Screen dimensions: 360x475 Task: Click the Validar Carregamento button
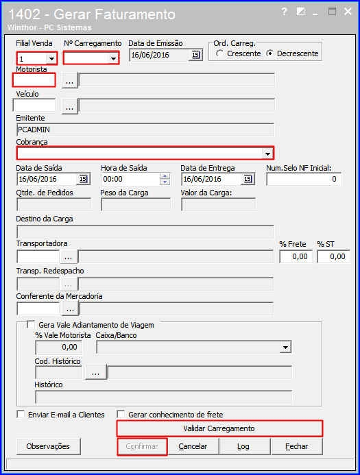[x=219, y=428]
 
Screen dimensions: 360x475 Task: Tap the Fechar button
[x=297, y=446]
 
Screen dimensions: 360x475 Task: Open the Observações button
[x=49, y=446]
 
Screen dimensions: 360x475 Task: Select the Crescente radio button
[x=220, y=53]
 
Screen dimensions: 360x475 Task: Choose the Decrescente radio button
[x=269, y=53]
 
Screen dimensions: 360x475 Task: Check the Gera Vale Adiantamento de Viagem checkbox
[x=31, y=324]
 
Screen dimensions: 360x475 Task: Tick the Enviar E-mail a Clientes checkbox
[x=21, y=414]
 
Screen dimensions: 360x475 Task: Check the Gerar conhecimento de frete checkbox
[x=121, y=414]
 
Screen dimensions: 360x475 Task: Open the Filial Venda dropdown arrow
[x=52, y=58]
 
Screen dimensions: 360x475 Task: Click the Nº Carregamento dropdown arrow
[x=113, y=58]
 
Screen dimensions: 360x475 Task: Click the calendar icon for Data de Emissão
[x=195, y=55]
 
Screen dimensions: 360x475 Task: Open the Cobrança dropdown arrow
[x=267, y=154]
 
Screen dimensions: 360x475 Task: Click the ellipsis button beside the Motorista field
[x=70, y=81]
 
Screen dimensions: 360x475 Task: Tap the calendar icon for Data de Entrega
[x=248, y=179]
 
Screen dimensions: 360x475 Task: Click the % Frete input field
[x=296, y=256]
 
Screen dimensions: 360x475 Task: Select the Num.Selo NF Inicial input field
[x=304, y=179]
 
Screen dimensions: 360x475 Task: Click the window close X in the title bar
[x=348, y=12]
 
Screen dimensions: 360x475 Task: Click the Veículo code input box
[x=34, y=105]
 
